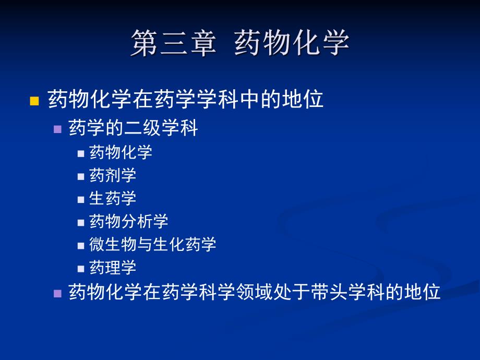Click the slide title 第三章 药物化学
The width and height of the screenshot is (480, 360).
(x=239, y=43)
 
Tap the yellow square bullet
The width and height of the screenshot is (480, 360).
(x=34, y=101)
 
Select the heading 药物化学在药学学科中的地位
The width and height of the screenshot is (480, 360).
(x=186, y=100)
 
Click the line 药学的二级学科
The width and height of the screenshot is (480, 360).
(x=133, y=128)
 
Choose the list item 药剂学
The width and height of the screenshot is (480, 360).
(x=113, y=175)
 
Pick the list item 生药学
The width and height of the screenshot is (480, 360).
(x=113, y=198)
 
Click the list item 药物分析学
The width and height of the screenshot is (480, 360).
(x=129, y=221)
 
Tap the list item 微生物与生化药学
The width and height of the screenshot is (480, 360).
(x=152, y=244)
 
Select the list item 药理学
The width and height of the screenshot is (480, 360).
(x=113, y=268)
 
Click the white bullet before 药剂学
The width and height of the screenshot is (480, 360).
(x=81, y=176)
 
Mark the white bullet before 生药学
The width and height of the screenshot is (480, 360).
(x=81, y=199)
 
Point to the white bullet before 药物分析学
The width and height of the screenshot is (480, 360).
(x=81, y=222)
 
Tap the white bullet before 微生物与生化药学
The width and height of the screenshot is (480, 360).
(x=81, y=245)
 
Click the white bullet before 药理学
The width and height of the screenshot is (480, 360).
(x=81, y=269)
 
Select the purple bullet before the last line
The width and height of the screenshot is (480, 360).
(x=58, y=293)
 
